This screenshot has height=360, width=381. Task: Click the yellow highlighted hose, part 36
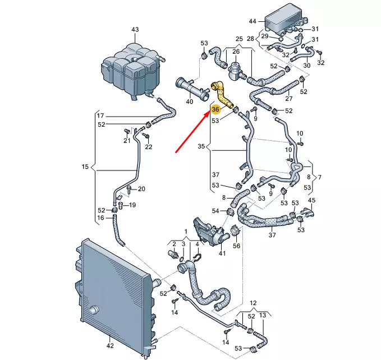click(222, 94)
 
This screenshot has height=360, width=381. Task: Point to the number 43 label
click(135, 29)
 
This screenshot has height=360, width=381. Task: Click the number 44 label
click(253, 21)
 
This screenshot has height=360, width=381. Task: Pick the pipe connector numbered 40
click(189, 87)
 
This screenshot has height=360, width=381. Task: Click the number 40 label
click(189, 101)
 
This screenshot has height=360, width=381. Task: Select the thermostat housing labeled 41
click(208, 229)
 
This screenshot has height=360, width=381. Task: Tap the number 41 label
click(222, 254)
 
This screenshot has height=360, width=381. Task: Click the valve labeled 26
click(236, 70)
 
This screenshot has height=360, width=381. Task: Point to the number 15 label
click(85, 167)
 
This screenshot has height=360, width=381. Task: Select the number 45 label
click(312, 200)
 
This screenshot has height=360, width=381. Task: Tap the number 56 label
click(236, 245)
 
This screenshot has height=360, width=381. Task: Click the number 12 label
click(253, 302)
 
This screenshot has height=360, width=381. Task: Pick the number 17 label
click(100, 116)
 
